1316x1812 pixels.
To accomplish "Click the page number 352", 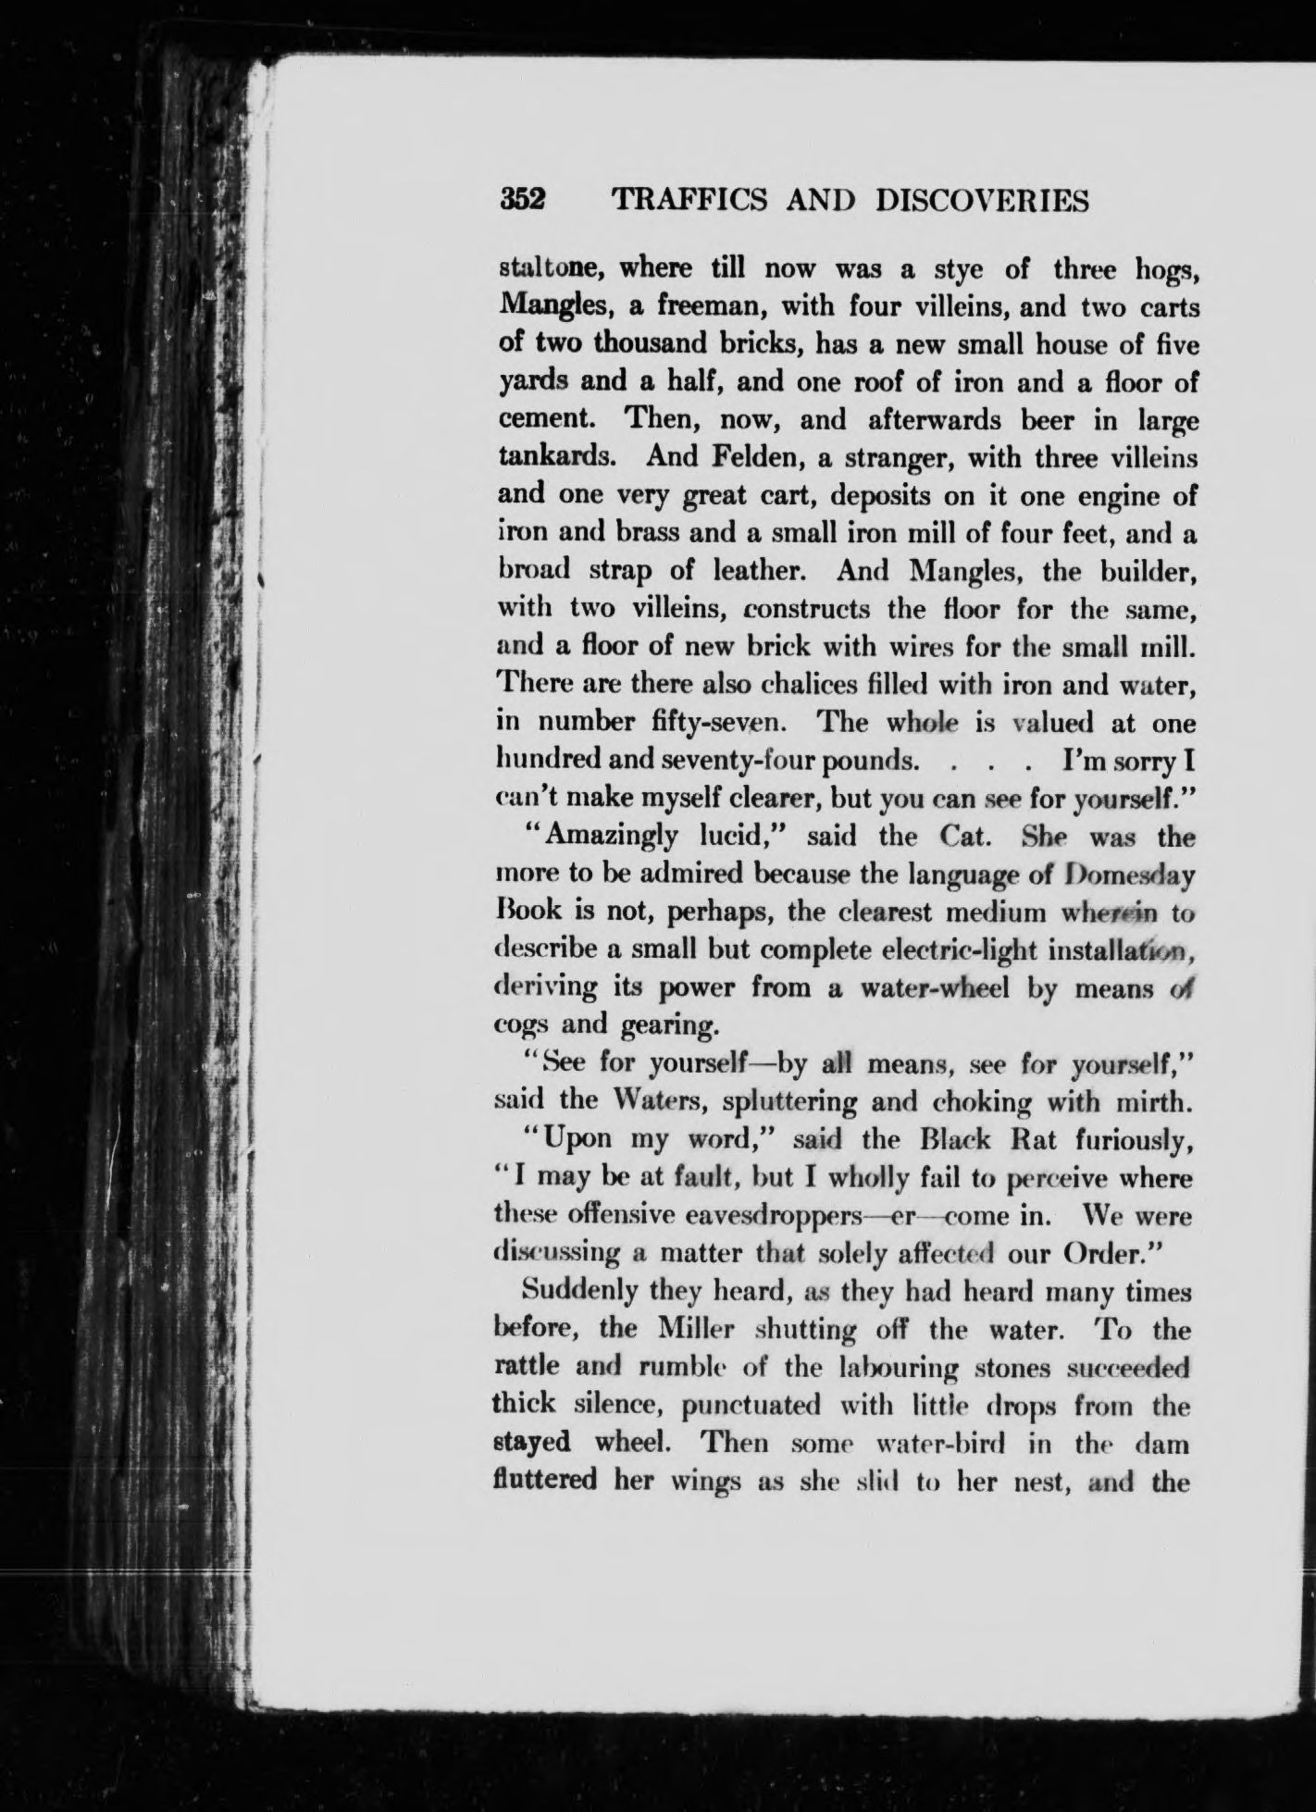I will click(x=524, y=201).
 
